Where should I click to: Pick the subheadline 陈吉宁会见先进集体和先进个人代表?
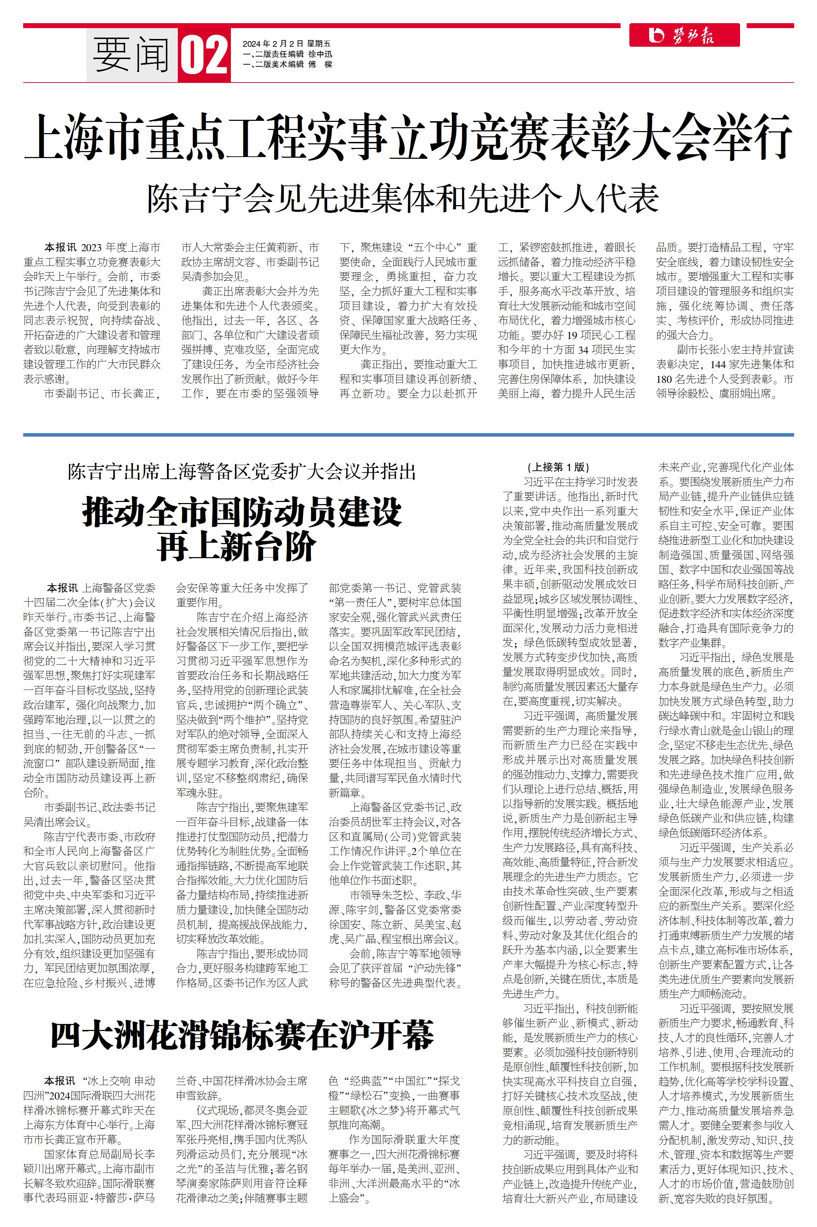click(x=403, y=198)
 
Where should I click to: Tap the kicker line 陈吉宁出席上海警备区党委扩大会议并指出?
click(x=242, y=472)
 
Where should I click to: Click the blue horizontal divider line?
click(x=408, y=434)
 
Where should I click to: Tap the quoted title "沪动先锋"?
click(x=435, y=968)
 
